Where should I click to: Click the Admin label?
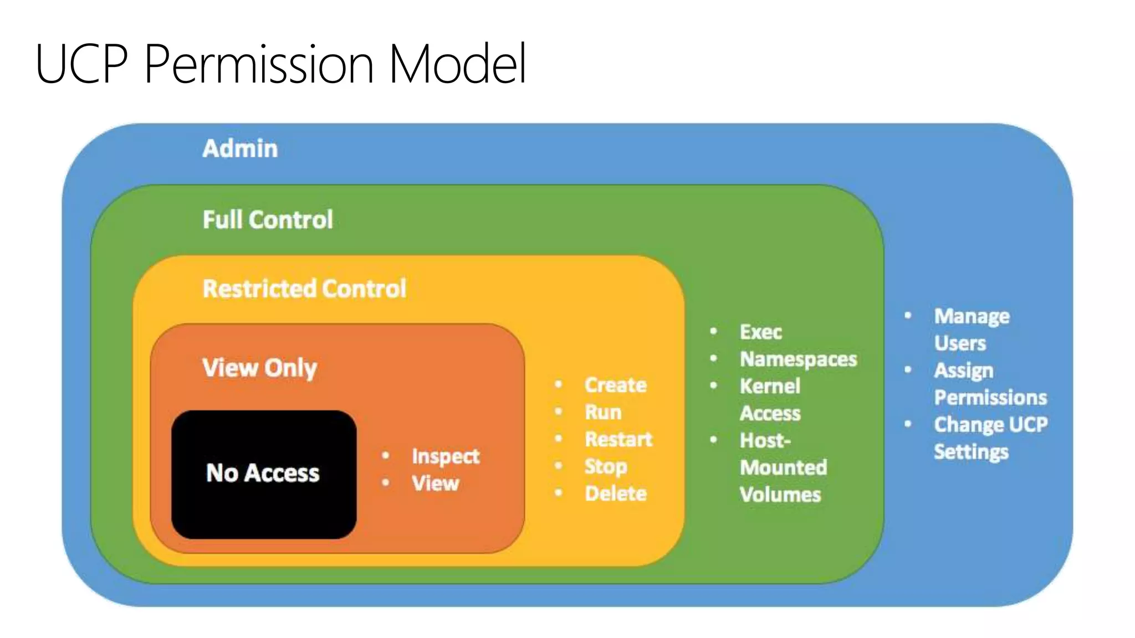pos(240,148)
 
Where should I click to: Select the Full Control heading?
pos(268,219)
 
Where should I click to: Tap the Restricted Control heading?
pos(304,289)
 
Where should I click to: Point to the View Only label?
pos(259,368)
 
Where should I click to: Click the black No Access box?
pos(263,474)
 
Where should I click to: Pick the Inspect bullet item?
pos(445,456)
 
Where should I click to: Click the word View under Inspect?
pos(435,483)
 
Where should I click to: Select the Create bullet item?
pos(616,385)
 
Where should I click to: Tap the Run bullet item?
pos(603,412)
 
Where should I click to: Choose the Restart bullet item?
pos(618,439)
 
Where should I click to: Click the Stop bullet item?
pos(606,466)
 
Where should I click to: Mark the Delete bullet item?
pos(616,493)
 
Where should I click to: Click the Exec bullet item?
pos(760,332)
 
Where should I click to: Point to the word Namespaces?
pos(798,359)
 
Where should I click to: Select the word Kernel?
pos(770,386)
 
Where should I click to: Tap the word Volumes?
pos(780,495)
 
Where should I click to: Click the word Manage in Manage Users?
pos(972,316)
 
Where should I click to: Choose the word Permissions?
pos(990,398)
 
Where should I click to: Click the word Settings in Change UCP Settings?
pos(971,452)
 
